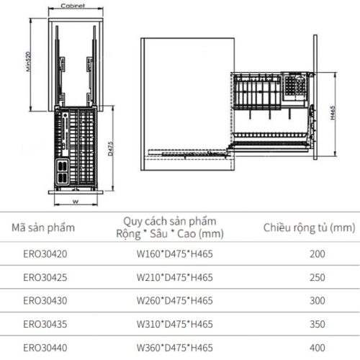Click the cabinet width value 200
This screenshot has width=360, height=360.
click(x=318, y=254)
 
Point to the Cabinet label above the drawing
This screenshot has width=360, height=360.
click(x=74, y=5)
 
